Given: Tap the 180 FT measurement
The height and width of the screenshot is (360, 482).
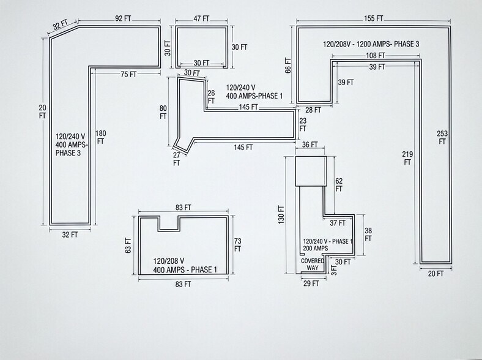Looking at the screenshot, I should (101, 137).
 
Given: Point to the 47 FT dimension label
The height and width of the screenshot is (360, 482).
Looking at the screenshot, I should (202, 19).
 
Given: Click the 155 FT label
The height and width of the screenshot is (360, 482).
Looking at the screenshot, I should (374, 19).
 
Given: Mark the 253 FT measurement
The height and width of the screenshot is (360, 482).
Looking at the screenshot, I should (442, 137).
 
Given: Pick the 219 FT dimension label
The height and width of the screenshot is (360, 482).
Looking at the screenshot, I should (407, 157).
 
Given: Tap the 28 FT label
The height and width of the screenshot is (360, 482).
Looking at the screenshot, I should (314, 110).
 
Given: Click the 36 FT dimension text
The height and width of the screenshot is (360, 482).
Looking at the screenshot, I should (311, 144).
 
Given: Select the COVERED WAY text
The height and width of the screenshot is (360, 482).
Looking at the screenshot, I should (313, 264).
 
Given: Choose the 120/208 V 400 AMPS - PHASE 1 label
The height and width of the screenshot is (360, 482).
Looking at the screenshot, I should (185, 265).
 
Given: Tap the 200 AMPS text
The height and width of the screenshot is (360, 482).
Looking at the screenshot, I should (316, 249).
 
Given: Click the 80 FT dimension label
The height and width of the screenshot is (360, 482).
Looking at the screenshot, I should (163, 112).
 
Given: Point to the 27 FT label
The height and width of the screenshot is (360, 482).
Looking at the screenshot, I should (177, 159).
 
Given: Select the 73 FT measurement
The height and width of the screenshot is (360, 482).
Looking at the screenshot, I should (237, 245).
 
